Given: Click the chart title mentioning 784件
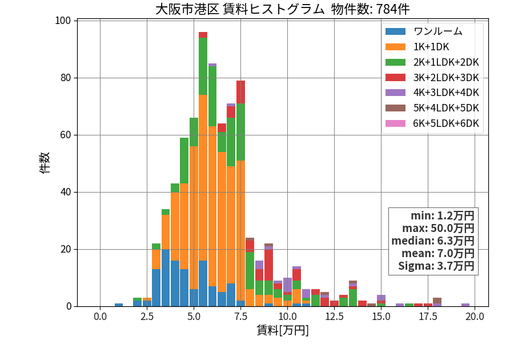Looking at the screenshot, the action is point(282,9).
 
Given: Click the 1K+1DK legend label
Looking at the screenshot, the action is point(431,47).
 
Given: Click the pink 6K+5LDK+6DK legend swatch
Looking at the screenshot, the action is point(395,123).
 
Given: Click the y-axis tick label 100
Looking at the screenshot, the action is point(63,21).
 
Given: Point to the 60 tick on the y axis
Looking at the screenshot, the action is point(66,135).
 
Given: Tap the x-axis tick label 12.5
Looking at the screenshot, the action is point(334,317).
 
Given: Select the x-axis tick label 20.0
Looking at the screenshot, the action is point(475,317).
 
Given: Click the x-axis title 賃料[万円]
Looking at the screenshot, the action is point(283,330).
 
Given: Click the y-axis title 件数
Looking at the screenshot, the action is point(45,163).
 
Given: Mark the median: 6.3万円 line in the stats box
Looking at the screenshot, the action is point(433,241).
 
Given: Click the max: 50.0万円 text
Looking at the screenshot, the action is point(438,228).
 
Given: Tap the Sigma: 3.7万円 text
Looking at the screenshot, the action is point(436,266).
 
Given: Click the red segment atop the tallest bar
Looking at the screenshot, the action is point(203,35).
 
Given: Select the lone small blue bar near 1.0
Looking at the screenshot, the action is point(119,305).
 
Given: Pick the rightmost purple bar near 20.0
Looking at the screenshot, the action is point(465,305).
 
